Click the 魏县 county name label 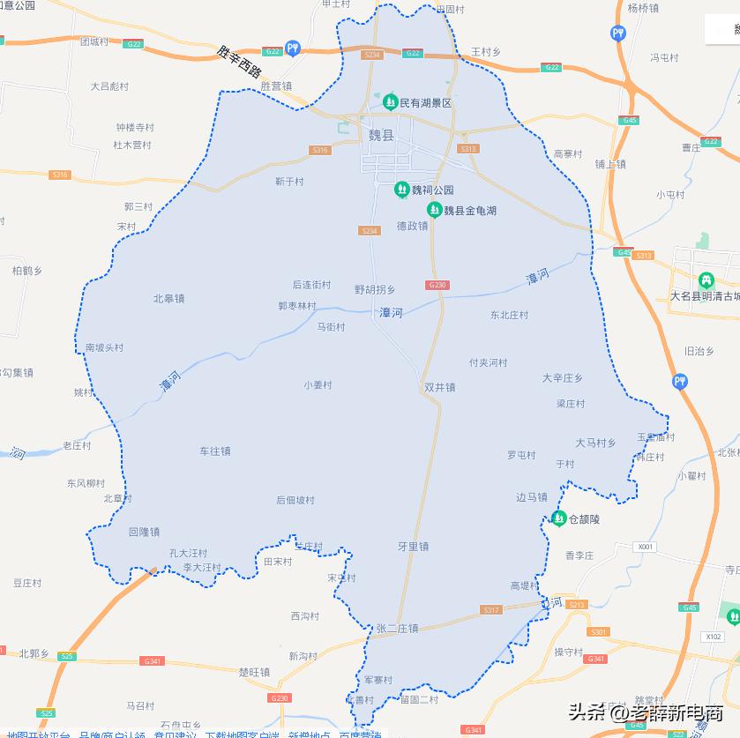381,136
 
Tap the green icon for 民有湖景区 391,102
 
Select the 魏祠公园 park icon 401,189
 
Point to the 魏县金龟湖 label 470,211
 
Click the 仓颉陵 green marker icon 558,519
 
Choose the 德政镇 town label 412,226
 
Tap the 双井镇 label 439,387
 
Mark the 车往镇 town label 215,451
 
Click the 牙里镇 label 413,547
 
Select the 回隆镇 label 144,532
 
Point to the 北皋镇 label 168,299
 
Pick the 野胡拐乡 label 375,289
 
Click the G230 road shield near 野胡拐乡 437,285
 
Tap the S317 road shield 491,610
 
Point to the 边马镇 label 532,497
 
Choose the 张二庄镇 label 397,629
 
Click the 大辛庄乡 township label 563,378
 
